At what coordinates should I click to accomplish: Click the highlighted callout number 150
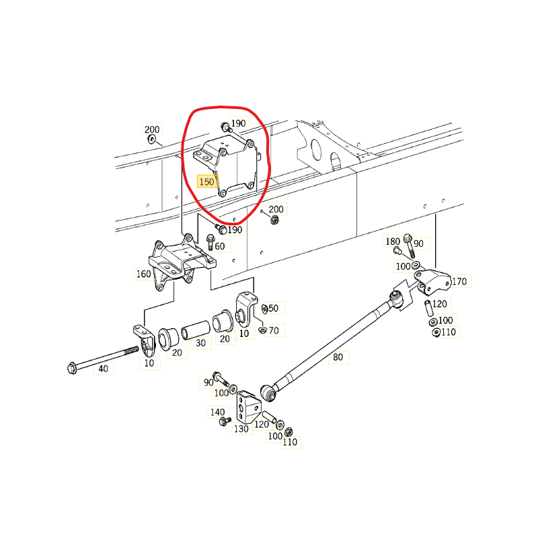206,182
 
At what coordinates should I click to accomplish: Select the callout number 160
144,274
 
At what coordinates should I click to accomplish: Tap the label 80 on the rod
338,357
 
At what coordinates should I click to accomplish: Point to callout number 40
104,369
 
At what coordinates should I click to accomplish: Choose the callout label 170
459,281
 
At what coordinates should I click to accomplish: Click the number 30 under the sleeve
201,343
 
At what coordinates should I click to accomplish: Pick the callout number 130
241,428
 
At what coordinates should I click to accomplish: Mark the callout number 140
218,412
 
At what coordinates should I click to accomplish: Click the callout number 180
393,241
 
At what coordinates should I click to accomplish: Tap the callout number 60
220,246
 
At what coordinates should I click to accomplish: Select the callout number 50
272,308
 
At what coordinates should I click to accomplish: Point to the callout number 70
274,330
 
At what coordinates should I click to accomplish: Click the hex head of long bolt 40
72,367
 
